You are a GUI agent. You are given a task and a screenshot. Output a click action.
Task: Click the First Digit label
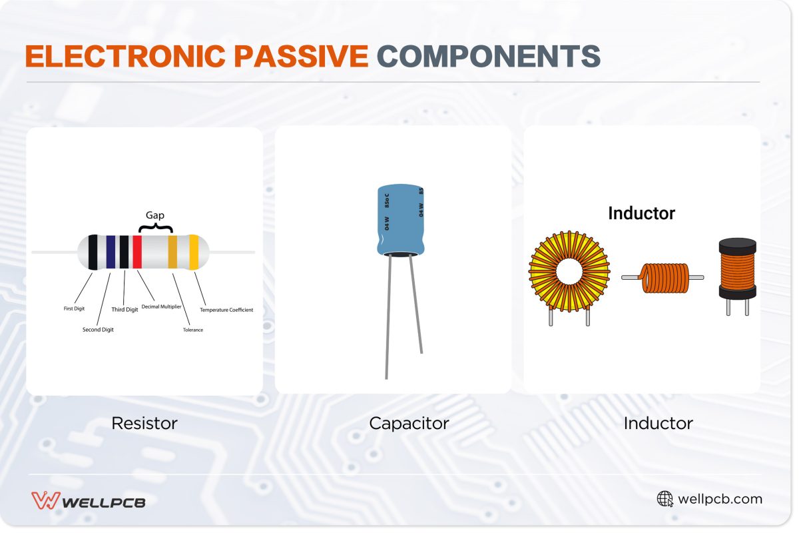[x=74, y=309]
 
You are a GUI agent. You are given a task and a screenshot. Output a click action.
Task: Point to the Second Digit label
[x=98, y=330]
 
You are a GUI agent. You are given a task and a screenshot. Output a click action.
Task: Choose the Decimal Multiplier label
[x=162, y=306]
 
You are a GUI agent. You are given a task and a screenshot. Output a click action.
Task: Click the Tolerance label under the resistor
[x=193, y=330]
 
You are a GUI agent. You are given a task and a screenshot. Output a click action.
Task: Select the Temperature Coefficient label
[x=226, y=310]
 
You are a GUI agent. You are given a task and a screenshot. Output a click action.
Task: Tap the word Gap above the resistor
[x=154, y=215]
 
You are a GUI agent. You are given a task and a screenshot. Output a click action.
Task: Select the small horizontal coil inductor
[x=663, y=278]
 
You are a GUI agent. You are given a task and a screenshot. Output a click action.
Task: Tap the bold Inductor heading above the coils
[x=641, y=213]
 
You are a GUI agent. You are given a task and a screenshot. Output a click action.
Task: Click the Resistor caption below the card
[x=144, y=423]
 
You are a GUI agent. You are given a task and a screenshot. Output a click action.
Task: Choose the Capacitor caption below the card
[x=409, y=423]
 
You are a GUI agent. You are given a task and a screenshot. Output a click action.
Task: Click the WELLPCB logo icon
[x=46, y=500]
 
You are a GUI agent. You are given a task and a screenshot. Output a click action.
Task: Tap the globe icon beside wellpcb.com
[x=665, y=499]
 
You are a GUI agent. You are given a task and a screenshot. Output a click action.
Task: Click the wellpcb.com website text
[x=720, y=499]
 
